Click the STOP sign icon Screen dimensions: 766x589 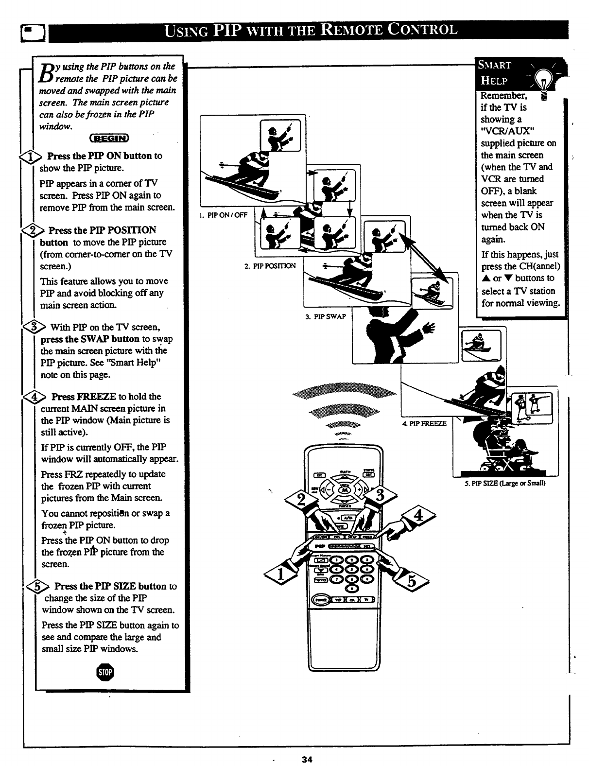(x=105, y=672)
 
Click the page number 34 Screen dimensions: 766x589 (x=306, y=759)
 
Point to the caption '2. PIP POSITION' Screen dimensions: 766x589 (x=270, y=265)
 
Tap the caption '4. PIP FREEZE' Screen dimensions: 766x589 (x=424, y=423)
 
